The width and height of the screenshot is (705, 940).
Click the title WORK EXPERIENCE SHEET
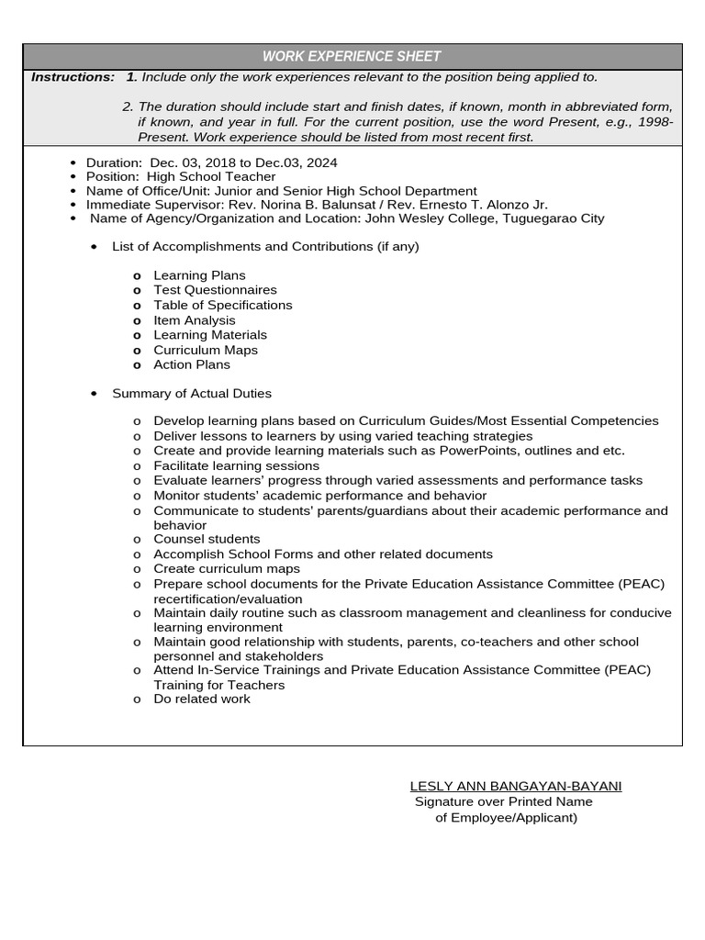click(x=352, y=57)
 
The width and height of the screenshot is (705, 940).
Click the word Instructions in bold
click(x=73, y=77)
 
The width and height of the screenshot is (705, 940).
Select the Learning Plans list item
click(x=199, y=275)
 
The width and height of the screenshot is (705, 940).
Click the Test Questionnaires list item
click(x=215, y=290)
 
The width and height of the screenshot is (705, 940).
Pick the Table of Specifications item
click(x=222, y=305)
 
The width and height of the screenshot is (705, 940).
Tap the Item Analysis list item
click(x=194, y=320)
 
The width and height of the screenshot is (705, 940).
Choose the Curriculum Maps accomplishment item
click(x=206, y=350)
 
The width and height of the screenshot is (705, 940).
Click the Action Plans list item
click(x=191, y=364)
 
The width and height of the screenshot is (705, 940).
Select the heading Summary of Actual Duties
click(x=191, y=394)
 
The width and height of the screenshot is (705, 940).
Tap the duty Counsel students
click(x=207, y=539)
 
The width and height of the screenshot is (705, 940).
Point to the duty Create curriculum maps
click(x=226, y=569)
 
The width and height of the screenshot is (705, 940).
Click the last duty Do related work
click(x=201, y=699)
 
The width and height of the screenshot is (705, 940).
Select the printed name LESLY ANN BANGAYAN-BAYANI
click(x=515, y=787)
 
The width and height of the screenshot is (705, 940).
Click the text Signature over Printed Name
click(x=503, y=801)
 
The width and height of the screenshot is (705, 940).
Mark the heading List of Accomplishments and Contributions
click(x=264, y=247)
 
